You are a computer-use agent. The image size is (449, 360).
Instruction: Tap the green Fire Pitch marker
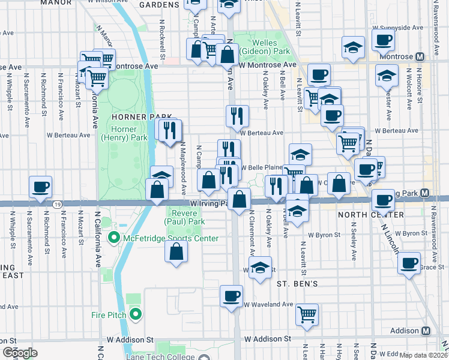tap(136, 313)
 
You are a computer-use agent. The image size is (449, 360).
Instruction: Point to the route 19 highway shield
tap(55, 205)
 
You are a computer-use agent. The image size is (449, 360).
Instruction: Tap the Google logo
tap(20, 353)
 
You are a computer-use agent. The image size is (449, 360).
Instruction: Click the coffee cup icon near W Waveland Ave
tap(231, 296)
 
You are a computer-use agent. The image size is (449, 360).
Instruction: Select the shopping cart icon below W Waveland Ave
tap(307, 314)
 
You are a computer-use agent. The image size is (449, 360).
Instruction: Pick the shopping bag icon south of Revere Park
tap(175, 253)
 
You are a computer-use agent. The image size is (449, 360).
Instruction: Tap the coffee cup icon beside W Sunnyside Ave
tap(383, 40)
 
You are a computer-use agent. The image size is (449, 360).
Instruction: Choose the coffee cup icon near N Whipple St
tap(40, 187)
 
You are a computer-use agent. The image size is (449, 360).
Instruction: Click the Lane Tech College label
tap(163, 357)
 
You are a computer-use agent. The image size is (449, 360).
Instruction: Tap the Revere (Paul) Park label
tap(188, 217)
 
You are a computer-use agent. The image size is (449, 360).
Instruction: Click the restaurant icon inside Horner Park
tap(169, 130)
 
